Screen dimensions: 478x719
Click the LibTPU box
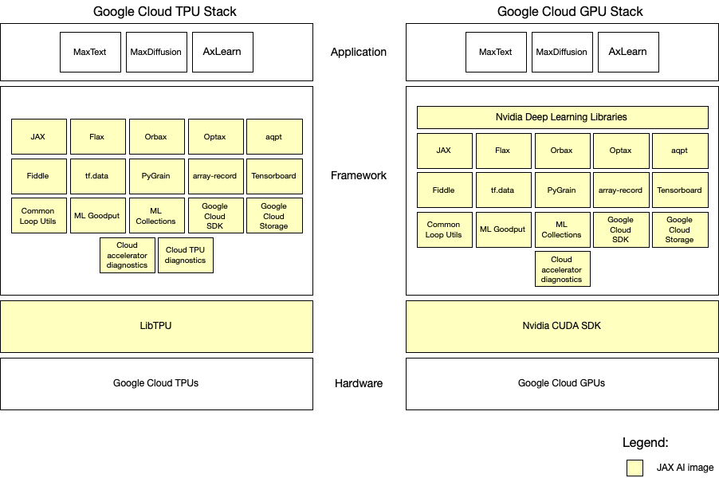pos(156,326)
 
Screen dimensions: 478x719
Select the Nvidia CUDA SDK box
pos(562,326)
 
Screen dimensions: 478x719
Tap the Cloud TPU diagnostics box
pos(186,255)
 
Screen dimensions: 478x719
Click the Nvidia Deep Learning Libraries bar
pos(562,117)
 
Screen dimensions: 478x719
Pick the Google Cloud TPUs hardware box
pos(156,383)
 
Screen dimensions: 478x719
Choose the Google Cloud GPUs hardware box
pos(562,383)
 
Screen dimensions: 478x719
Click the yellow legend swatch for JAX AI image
pos(635,468)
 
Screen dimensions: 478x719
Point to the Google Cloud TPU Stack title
pos(165,11)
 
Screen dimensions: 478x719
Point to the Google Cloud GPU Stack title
pos(570,11)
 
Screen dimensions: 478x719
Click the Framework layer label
pos(359,175)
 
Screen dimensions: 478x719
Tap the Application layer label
pos(359,52)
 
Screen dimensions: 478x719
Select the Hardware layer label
pos(359,383)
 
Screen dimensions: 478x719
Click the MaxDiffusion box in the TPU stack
pos(157,52)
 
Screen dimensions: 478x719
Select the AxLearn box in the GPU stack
pos(627,52)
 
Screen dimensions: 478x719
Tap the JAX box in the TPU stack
pos(38,136)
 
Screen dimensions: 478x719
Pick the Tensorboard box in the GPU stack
pos(679,190)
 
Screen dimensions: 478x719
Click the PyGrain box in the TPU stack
pos(156,175)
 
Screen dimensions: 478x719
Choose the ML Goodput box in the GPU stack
pos(502,229)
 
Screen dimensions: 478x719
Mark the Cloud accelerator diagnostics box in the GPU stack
pos(562,269)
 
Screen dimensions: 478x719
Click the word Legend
pos(646,442)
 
